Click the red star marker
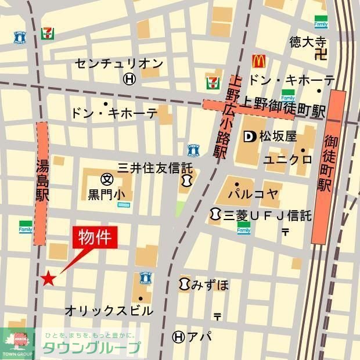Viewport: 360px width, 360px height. (48, 279)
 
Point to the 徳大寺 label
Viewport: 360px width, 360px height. (308, 42)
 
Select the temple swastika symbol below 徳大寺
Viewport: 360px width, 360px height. (319, 56)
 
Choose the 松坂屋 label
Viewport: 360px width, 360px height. (278, 137)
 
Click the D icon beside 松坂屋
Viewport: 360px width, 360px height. (250, 137)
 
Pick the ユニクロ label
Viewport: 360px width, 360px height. (287, 159)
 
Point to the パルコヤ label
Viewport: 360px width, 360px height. (253, 193)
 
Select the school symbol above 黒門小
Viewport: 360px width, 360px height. (106, 179)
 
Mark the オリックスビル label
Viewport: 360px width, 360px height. (109, 311)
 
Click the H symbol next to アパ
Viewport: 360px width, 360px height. (179, 336)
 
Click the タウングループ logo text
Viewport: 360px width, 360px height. (91, 348)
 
